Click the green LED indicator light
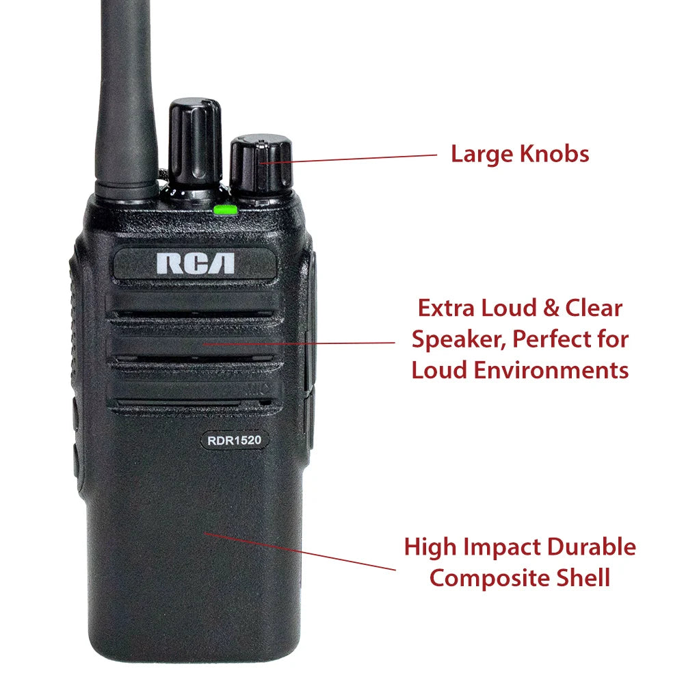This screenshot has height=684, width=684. [x=226, y=210]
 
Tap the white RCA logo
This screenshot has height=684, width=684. [x=196, y=263]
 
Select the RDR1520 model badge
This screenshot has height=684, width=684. [x=234, y=440]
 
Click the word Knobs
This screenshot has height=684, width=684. [x=555, y=154]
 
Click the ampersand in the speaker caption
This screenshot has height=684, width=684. [x=551, y=308]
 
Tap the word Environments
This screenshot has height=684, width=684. [x=551, y=370]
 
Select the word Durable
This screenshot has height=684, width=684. [x=592, y=547]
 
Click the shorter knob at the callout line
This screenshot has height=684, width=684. [x=261, y=166]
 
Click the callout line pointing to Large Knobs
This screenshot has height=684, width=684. [x=348, y=159]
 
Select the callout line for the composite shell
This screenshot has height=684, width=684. [x=300, y=551]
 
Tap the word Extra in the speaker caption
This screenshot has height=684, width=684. [x=446, y=308]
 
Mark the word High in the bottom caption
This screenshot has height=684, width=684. [x=430, y=548]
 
